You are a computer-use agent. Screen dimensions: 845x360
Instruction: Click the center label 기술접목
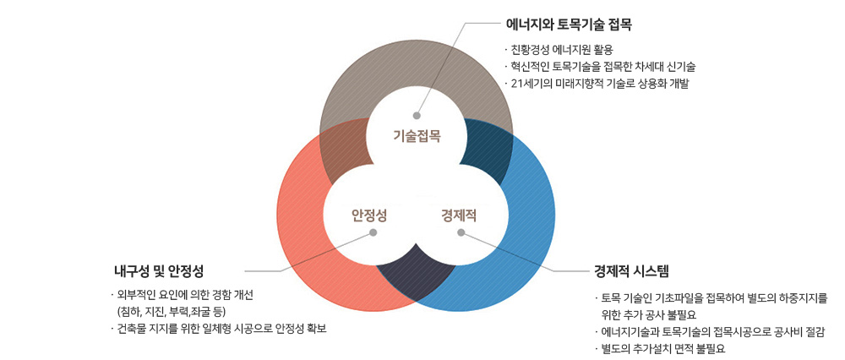pos(417,136)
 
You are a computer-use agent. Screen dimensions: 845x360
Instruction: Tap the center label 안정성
pos(369,216)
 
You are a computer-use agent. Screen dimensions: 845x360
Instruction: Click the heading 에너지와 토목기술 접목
pos(569,25)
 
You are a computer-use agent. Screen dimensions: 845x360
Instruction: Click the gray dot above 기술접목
pos(416,115)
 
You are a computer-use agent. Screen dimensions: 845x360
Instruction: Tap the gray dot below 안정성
pos(373,232)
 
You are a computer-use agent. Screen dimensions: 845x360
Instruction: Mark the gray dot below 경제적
pos(461,232)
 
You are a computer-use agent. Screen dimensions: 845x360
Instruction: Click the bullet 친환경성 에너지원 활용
pos(559,52)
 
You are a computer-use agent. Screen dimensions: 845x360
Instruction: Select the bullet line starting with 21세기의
pos(597,84)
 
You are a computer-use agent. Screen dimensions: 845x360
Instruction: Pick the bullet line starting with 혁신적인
pos(600,68)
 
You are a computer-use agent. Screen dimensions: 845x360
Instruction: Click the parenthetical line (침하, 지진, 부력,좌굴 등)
pos(172,312)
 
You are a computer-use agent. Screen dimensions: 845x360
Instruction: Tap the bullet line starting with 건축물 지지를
pos(218,329)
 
